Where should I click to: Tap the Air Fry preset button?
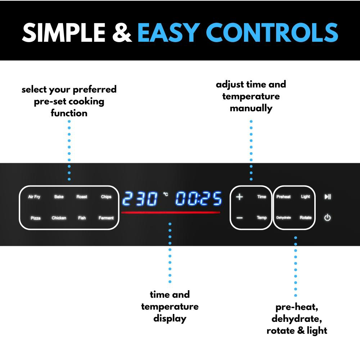(x=34, y=197)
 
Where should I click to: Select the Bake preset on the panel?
(x=59, y=197)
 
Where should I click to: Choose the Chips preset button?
(x=106, y=197)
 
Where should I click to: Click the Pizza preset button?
(x=36, y=218)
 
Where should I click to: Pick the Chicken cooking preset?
(x=59, y=218)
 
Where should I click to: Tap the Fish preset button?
(x=82, y=218)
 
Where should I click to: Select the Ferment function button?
(x=106, y=218)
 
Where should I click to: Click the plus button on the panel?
(x=240, y=197)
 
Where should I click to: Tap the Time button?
(x=262, y=197)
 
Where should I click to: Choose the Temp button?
(x=262, y=218)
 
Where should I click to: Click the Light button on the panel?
(x=305, y=197)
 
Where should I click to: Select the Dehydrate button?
(x=283, y=218)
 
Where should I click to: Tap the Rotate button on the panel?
(x=306, y=218)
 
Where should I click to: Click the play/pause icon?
(x=328, y=197)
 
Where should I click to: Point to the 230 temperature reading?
(x=140, y=199)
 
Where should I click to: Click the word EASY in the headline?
(x=168, y=33)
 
